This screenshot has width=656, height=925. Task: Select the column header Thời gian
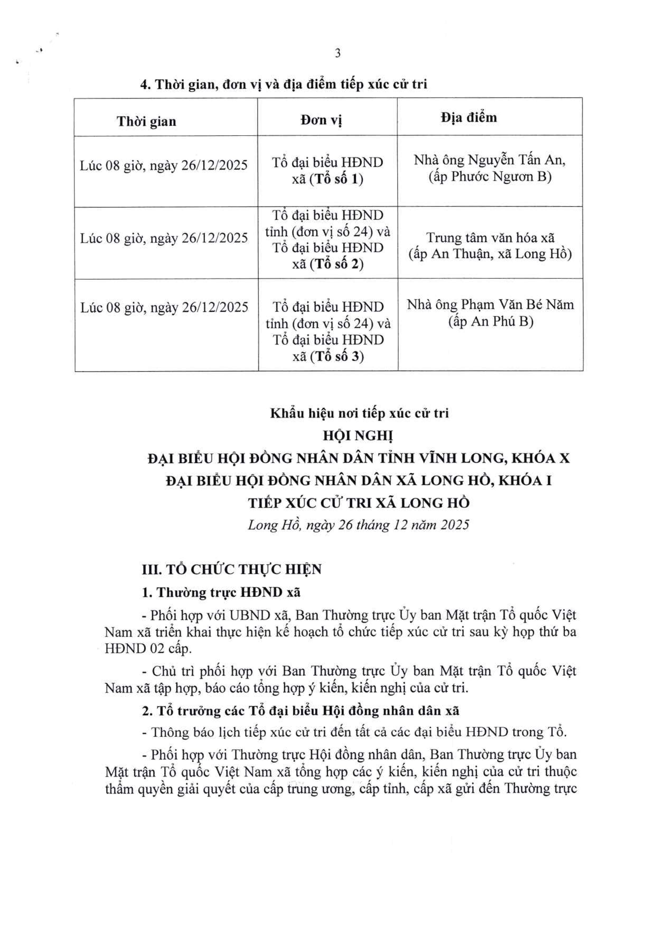coord(146,121)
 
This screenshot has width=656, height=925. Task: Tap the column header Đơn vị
coord(321,120)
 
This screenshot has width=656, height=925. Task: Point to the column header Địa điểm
coord(468,118)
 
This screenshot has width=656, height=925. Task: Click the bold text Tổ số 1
coord(336,179)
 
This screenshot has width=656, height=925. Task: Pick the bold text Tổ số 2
coord(336,264)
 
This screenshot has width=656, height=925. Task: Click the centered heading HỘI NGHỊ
coord(358,436)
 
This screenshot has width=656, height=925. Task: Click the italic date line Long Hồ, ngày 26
coord(358,525)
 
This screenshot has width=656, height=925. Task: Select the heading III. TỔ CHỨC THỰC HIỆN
coord(231,570)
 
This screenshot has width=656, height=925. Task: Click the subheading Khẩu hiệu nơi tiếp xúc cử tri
coord(359,413)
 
